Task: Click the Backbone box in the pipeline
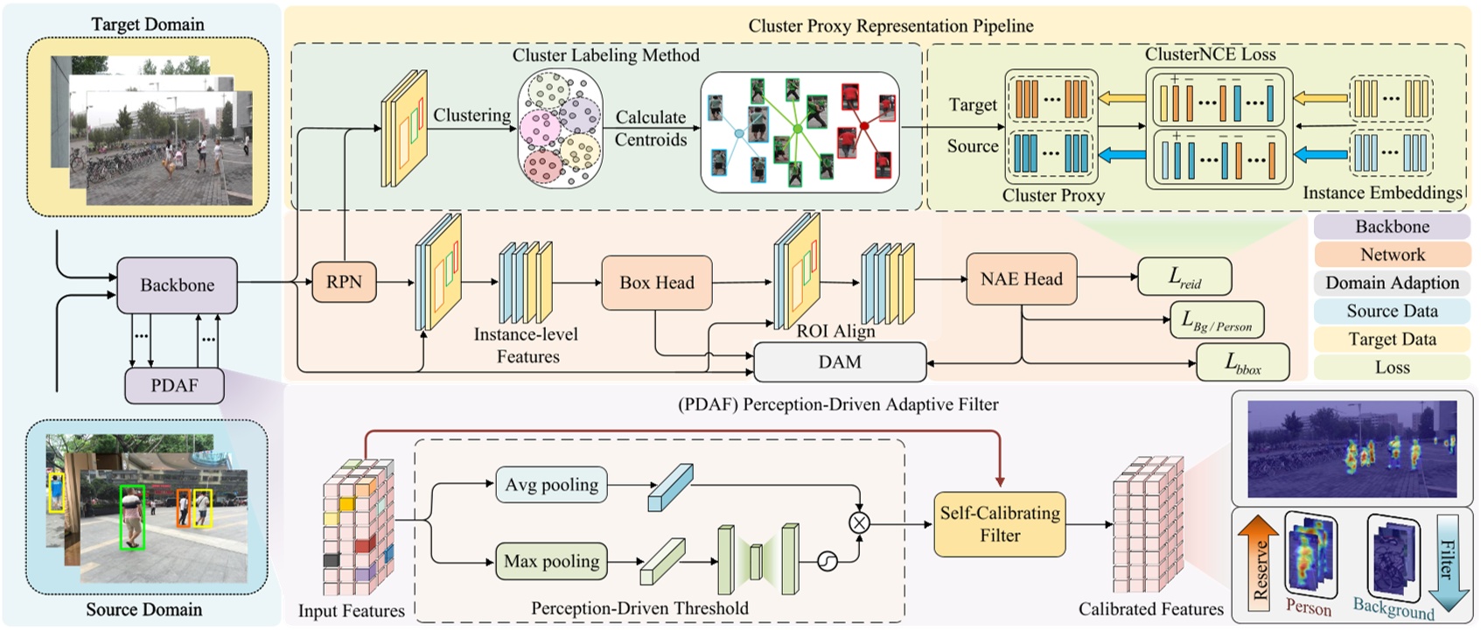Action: [x=177, y=285]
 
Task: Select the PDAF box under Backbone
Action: [x=173, y=386]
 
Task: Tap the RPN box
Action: [x=344, y=282]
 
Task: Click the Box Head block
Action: [x=656, y=283]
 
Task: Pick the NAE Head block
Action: [x=1021, y=279]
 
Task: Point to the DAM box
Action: [x=839, y=362]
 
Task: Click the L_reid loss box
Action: [x=1184, y=277]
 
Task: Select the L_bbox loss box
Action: [x=1242, y=362]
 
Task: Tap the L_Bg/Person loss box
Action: [x=1216, y=321]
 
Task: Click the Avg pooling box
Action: [x=552, y=485]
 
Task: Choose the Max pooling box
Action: [x=552, y=561]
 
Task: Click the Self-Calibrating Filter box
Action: [x=999, y=523]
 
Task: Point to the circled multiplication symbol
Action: [x=859, y=522]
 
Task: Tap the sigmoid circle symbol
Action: [x=827, y=561]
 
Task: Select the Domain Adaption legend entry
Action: [x=1392, y=283]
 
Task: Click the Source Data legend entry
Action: [x=1392, y=311]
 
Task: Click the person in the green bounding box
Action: [x=131, y=516]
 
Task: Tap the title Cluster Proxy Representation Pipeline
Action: [x=891, y=26]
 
